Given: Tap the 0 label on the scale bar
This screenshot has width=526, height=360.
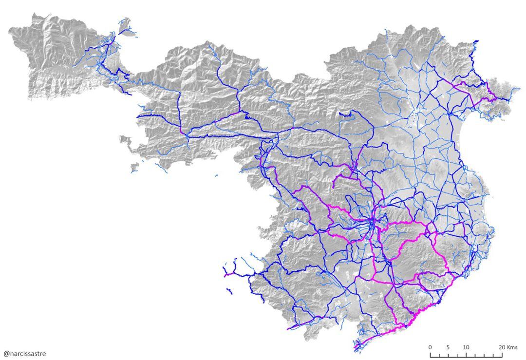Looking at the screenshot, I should (x=430, y=347).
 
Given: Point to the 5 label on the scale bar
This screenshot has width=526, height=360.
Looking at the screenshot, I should (x=448, y=347).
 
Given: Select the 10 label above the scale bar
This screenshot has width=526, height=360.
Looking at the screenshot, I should (x=466, y=347).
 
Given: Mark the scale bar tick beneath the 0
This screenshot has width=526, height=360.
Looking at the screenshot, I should (x=430, y=355).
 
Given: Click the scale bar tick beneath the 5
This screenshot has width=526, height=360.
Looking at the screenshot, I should (x=448, y=355).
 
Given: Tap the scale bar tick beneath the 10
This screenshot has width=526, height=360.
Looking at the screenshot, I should (x=466, y=355).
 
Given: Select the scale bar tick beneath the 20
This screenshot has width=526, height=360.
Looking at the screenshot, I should (x=502, y=355).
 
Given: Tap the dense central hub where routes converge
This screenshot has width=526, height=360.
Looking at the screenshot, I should (x=372, y=222).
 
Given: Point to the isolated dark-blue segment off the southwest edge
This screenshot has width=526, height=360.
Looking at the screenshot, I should (x=229, y=291).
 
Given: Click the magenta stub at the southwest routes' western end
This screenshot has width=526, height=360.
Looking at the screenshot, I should (x=226, y=275).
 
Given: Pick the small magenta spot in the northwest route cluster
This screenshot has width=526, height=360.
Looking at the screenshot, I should (x=111, y=43).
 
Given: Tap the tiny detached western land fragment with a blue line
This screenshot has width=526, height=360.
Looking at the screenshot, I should (x=134, y=168).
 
